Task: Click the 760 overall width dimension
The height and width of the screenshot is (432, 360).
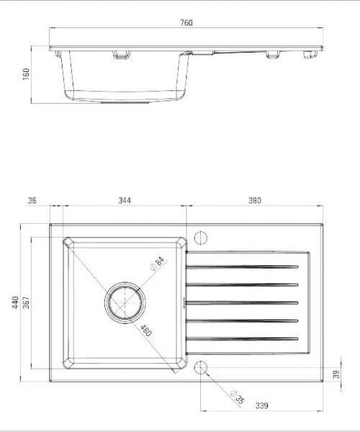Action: click(186, 22)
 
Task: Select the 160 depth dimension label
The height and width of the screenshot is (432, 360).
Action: click(26, 74)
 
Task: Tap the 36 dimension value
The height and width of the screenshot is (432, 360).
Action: click(32, 200)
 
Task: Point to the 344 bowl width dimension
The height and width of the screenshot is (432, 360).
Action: click(125, 200)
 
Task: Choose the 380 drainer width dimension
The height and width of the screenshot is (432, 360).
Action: click(254, 200)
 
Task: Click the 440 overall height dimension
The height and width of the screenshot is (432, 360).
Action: click(15, 302)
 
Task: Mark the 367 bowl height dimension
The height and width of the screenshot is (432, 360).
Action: click(26, 302)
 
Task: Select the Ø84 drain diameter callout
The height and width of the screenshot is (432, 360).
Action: click(157, 264)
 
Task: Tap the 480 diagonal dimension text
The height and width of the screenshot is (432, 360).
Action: click(146, 330)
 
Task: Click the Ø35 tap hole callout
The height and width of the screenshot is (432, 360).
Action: click(238, 397)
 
